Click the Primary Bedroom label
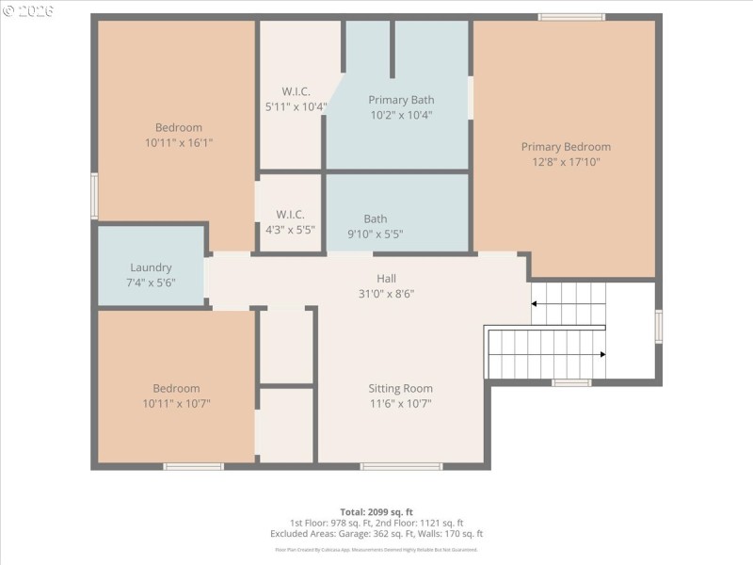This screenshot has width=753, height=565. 566,147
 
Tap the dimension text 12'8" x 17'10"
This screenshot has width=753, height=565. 566,162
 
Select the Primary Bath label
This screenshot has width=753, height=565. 401,100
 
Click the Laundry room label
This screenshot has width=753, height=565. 151,267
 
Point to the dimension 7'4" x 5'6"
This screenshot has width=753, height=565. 151,282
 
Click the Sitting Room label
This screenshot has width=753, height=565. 400,388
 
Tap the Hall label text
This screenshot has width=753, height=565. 387,278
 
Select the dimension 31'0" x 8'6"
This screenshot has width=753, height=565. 387,293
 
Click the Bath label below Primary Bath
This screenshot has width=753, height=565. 376,219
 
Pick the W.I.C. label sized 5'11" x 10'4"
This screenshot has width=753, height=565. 296,91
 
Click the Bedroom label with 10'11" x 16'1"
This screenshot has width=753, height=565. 178,128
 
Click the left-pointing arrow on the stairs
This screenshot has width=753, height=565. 536,304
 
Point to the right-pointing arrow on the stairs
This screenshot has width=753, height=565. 601,354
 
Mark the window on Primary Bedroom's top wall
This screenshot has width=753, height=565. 571,16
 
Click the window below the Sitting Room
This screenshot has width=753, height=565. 401,466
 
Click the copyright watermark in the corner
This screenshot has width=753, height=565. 28,10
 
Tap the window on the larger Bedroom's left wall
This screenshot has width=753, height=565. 94,196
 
